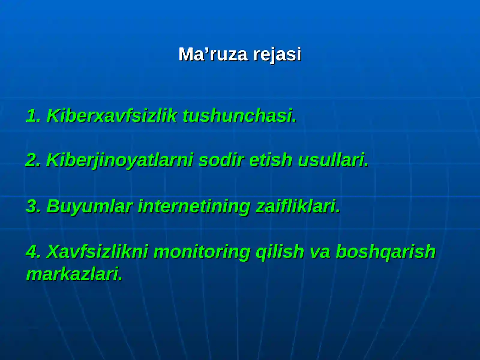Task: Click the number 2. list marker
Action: (x=33, y=160)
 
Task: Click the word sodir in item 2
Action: (x=220, y=160)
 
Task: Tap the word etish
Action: (x=270, y=160)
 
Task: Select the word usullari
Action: (x=333, y=160)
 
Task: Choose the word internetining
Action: (x=194, y=206)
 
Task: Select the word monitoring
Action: (x=202, y=251)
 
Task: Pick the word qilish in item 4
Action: (x=280, y=251)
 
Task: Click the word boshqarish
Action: (x=385, y=251)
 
